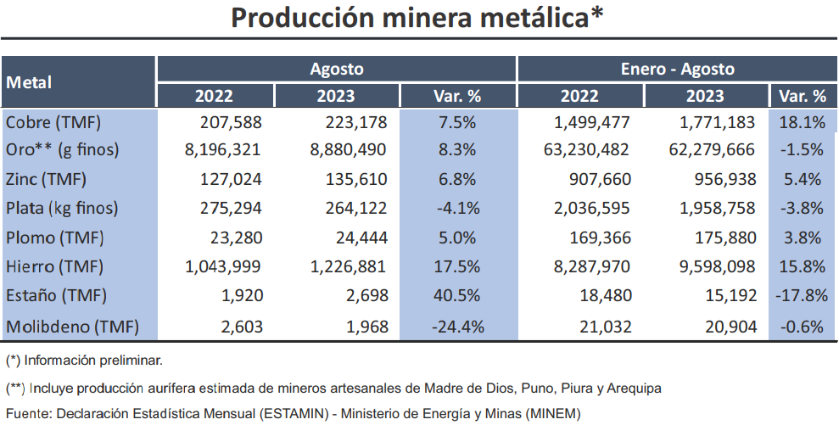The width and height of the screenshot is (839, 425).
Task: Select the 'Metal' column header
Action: pos(30,82)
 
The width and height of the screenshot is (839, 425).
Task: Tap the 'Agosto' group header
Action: pos(336,69)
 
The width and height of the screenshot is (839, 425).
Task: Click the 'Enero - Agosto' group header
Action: pos(677,69)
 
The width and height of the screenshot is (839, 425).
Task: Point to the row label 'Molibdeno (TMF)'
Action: pos(71,327)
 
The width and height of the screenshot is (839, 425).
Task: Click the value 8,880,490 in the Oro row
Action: pos(350,150)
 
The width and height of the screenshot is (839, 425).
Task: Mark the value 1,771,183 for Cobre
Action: pos(718,122)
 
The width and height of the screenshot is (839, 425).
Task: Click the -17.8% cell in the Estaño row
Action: pos(800,297)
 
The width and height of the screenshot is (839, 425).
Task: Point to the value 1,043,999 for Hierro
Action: pos(223,267)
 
